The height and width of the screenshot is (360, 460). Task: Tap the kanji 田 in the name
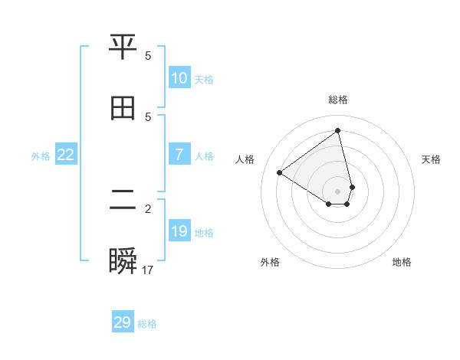123,108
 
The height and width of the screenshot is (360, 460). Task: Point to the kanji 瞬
123,260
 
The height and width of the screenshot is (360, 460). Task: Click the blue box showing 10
179,78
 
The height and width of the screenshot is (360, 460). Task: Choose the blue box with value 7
179,155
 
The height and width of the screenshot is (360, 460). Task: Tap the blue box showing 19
179,231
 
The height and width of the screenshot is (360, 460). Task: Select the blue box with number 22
66,155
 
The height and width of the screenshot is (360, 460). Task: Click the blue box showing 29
123,322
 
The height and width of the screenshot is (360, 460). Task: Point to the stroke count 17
148,270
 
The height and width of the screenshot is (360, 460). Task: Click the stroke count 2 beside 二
148,208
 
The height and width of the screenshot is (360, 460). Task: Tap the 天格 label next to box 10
204,80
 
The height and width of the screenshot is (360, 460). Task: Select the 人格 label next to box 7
204,156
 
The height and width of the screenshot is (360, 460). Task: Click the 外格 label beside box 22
41,156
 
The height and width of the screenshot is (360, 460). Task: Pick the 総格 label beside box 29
147,324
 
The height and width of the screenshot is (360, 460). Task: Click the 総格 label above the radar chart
338,100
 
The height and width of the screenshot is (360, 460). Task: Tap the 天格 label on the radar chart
432,159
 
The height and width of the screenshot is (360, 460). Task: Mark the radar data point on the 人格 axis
280,172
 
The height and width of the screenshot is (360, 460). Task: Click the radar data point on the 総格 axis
338,130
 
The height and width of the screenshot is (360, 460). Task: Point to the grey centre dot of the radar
338,191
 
